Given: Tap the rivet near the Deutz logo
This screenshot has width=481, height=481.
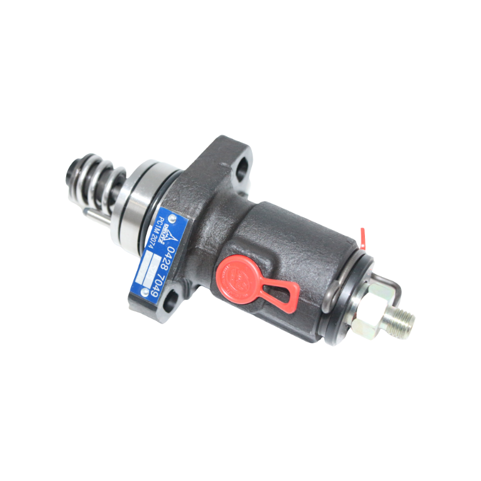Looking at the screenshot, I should click(x=174, y=216).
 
